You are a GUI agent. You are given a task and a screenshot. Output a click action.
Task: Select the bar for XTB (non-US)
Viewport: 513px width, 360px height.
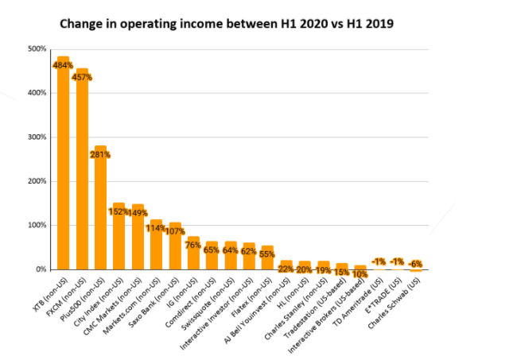tap(64, 167)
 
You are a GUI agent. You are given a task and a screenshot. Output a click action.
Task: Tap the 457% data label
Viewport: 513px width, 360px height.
tap(82, 77)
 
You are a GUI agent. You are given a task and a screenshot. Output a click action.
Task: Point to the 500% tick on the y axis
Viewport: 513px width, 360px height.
tap(37, 49)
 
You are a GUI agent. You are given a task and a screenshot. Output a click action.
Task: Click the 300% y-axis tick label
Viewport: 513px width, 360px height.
tap(37, 137)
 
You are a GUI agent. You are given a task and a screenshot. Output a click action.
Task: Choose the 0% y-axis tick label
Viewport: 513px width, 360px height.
tap(40, 269)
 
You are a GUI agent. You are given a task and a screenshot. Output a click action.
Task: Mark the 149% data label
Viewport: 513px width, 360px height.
tap(137, 212)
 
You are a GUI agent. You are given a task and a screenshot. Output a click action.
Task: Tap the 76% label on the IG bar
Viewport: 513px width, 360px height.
tap(192, 245)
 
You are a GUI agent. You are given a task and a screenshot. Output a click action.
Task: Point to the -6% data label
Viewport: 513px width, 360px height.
tap(415, 264)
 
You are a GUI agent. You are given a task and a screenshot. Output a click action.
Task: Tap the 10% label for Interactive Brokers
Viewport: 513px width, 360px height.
tap(359, 274)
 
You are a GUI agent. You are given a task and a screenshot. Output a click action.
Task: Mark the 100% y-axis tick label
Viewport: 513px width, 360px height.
tap(37, 226)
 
